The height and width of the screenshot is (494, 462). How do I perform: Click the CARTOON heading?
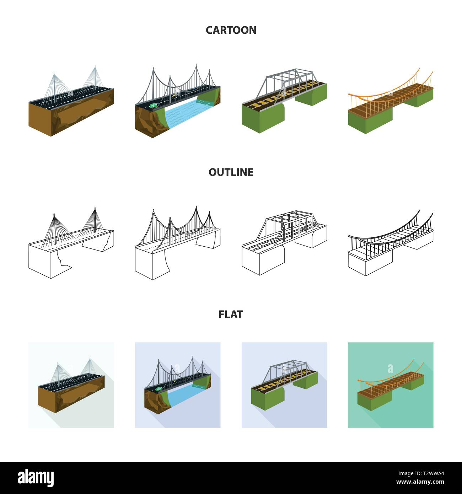pyautogui.click(x=231, y=30)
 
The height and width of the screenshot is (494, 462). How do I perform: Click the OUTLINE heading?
pyautogui.click(x=231, y=172)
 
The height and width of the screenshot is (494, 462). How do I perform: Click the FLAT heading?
pyautogui.click(x=231, y=314)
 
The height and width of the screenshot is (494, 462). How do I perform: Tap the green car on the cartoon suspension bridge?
pyautogui.click(x=154, y=106)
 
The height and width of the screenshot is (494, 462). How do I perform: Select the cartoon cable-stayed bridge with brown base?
pyautogui.click(x=71, y=103)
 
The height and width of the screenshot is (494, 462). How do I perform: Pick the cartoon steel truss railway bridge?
pyautogui.click(x=284, y=100)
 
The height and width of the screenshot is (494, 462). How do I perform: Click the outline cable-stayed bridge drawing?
pyautogui.click(x=71, y=245)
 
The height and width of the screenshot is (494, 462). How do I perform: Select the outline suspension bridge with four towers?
pyautogui.click(x=178, y=242)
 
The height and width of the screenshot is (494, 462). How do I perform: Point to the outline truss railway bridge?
pyautogui.click(x=284, y=242)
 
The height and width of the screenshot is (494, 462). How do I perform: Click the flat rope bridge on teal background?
pyautogui.click(x=391, y=385)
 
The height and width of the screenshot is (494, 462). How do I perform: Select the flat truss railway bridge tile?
pyautogui.click(x=284, y=385)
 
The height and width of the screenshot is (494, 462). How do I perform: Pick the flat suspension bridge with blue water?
pyautogui.click(x=178, y=385)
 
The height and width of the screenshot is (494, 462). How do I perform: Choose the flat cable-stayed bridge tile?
pyautogui.click(x=71, y=385)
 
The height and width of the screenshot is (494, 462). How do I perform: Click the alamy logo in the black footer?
pyautogui.click(x=36, y=477)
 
